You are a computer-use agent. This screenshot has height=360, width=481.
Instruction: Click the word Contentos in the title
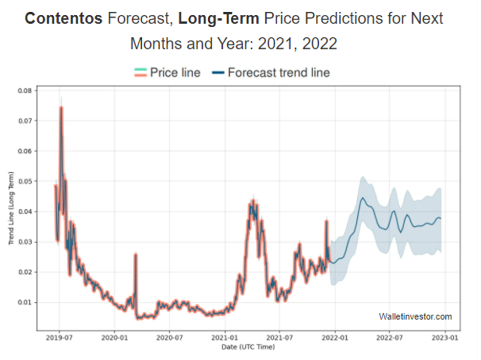click(63, 19)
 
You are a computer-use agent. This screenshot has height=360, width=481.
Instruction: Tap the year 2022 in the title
click(319, 43)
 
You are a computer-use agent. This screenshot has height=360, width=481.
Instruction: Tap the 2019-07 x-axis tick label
click(59, 337)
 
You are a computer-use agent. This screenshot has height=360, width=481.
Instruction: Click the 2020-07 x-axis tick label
click(169, 337)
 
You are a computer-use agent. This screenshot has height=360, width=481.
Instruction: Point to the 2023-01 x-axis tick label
click(445, 337)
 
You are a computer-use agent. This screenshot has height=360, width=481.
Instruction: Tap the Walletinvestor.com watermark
click(416, 317)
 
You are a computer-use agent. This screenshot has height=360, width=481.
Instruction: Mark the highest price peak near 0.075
click(61, 107)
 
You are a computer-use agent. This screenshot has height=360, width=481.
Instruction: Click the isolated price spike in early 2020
click(136, 254)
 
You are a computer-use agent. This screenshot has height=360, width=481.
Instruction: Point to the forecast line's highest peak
click(362, 198)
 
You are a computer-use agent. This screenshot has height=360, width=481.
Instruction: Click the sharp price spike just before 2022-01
click(326, 220)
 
